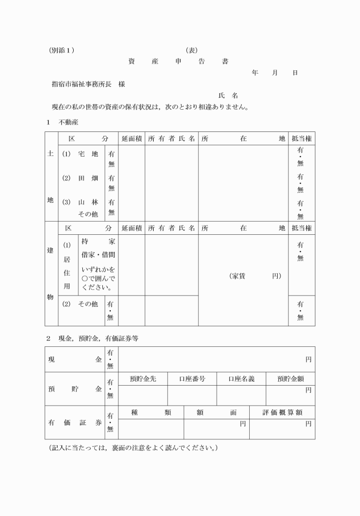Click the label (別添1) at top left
click(62, 50)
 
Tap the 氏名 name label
click(227, 95)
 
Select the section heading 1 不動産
click(62, 122)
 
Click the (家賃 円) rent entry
click(255, 276)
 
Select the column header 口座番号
click(192, 378)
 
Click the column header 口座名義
click(241, 378)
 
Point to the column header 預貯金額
click(290, 378)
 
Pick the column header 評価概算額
click(282, 412)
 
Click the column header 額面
click(217, 412)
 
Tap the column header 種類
click(151, 412)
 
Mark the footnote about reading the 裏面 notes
click(133, 447)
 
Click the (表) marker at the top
click(191, 50)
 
